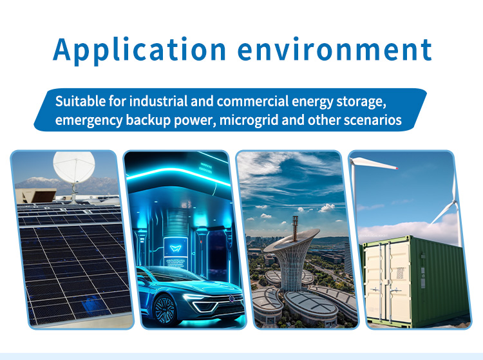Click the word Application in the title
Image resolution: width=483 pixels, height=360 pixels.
pyautogui.click(x=140, y=50)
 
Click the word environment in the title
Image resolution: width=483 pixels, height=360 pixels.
pyautogui.click(x=335, y=50)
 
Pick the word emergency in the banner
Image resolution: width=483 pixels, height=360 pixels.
pyautogui.click(x=89, y=120)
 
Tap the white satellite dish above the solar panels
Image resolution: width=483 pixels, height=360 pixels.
pyautogui.click(x=74, y=166)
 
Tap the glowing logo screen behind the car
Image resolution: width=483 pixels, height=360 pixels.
pyautogui.click(x=176, y=248)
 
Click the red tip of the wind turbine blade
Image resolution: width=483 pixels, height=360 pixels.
pyautogui.click(x=397, y=168)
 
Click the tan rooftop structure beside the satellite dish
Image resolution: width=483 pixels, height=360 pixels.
pyautogui.click(x=35, y=196)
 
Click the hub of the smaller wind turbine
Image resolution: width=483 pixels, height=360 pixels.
pyautogui.click(x=455, y=203)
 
